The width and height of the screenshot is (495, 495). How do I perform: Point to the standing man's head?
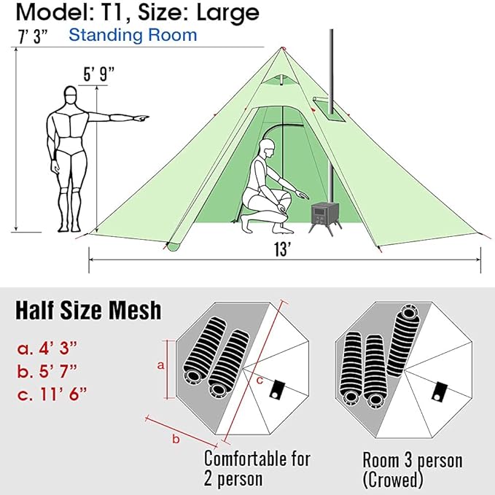(x=70, y=96)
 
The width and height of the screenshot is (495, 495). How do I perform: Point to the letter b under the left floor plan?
(x=174, y=439)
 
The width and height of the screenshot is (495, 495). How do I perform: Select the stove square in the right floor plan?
(x=440, y=391)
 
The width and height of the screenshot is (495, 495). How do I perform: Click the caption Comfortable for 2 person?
(x=257, y=469)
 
